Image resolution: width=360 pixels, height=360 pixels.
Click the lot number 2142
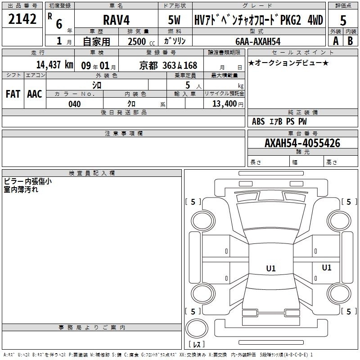pyautogui.click(x=22, y=19)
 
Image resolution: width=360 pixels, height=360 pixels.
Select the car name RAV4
pyautogui.click(x=117, y=20)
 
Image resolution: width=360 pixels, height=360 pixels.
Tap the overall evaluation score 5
pyautogui.click(x=343, y=20)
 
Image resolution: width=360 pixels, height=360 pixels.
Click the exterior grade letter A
pyautogui.click(x=336, y=41)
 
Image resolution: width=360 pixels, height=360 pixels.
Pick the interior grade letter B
pyautogui.click(x=351, y=41)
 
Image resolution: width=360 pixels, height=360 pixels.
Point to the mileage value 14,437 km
pyautogui.click(x=55, y=65)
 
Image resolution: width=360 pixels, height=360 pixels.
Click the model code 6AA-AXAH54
pyautogui.click(x=258, y=41)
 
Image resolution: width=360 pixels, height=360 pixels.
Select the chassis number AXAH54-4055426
pyautogui.click(x=302, y=143)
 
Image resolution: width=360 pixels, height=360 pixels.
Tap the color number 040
pyautogui.click(x=75, y=104)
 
